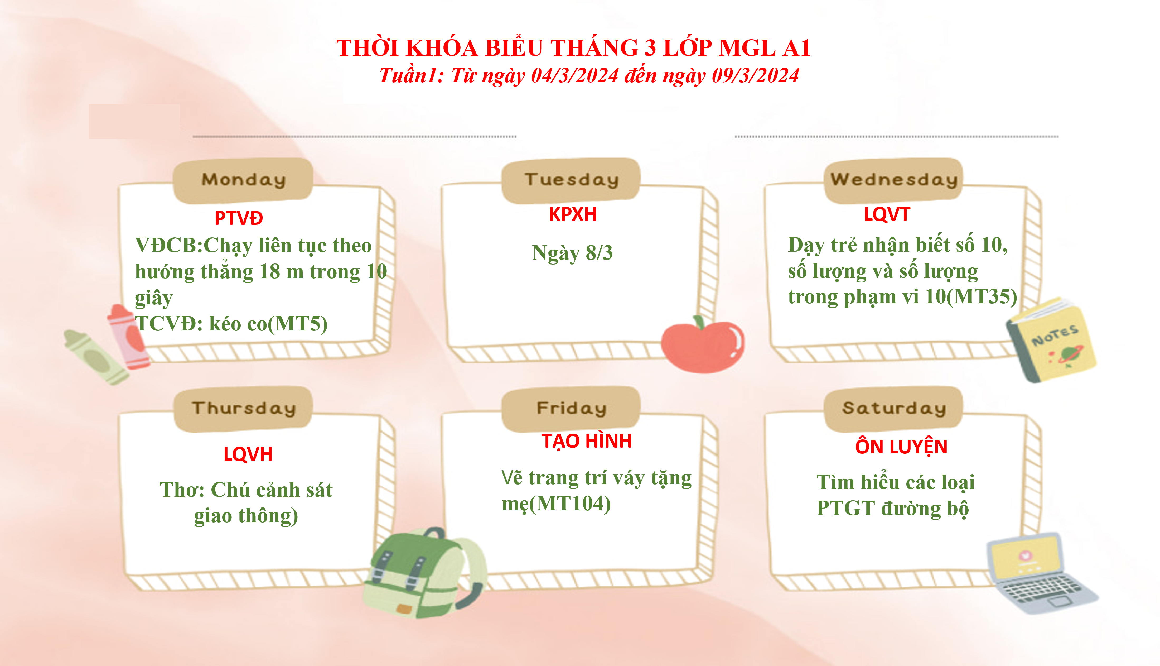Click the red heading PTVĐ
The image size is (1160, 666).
[239, 218]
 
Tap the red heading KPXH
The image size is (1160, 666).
[573, 214]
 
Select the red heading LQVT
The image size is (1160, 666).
[887, 214]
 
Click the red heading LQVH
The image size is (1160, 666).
[248, 454]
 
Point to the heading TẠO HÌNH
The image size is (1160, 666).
[586, 441]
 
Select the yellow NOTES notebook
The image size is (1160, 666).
[1051, 340]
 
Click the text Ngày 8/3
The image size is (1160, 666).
[572, 253]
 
